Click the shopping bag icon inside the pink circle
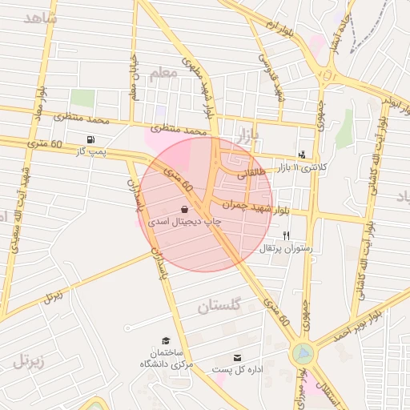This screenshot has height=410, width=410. coord(185,209)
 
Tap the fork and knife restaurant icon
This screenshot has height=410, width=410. coord(286,235)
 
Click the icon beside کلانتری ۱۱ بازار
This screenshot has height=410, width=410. coord(302,155)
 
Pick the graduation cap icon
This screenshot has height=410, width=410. coord(166,341)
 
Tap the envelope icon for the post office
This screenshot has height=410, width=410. coord(237,358)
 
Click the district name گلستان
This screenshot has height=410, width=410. coord(219,307)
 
